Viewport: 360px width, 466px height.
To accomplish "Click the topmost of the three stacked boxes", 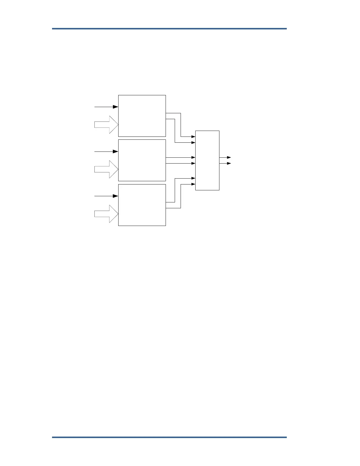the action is [142, 116].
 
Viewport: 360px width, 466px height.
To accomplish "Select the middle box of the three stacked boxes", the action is [142, 160].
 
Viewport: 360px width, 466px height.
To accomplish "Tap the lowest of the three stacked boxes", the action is [142, 205].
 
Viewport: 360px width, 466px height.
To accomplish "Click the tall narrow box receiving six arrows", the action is [207, 160].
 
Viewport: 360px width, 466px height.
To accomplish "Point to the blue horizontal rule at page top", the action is [169, 29].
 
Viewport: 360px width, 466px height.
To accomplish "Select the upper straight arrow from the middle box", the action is [180, 158].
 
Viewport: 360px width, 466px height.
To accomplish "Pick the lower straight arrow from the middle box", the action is [180, 163].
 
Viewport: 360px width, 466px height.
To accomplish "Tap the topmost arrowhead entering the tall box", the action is [193, 137].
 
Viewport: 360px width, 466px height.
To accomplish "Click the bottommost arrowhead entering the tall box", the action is [193, 184].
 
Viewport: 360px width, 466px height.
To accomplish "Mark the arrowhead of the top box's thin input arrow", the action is [116, 107].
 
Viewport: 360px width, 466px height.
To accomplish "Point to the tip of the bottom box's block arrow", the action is [117, 214].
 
